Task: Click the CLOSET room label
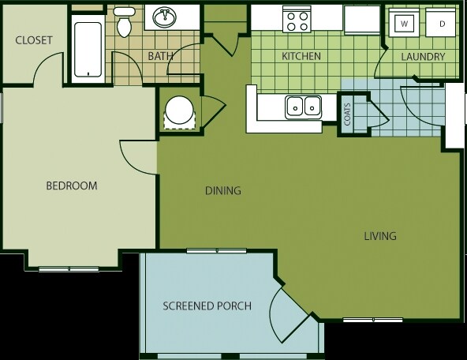tap(34, 40)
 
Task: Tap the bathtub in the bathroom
tap(88, 49)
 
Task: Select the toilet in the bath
tap(124, 22)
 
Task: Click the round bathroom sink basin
tap(164, 17)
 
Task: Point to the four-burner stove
tap(297, 19)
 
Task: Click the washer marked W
tap(404, 23)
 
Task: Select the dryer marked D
tap(441, 23)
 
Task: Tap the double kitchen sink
tap(303, 107)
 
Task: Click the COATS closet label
tap(347, 114)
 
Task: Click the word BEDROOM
tap(72, 186)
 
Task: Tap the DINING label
tap(223, 190)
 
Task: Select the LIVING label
tap(380, 236)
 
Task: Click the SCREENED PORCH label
tap(207, 306)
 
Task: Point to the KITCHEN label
tap(301, 56)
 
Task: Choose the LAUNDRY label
tap(423, 57)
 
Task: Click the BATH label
tap(161, 56)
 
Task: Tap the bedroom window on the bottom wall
tap(69, 268)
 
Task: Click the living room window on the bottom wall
tap(373, 320)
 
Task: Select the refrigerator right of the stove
tap(362, 20)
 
